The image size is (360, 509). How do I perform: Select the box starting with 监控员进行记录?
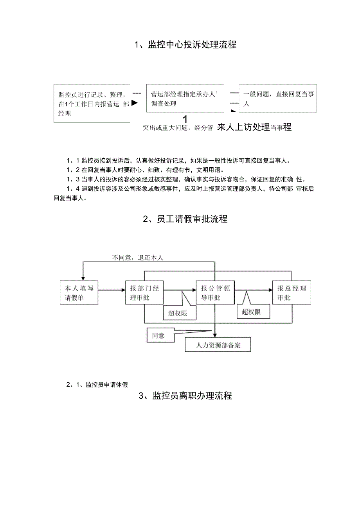pos(92,104)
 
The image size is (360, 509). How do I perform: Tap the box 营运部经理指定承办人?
pos(185,98)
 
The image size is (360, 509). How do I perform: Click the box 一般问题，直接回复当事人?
pos(277,98)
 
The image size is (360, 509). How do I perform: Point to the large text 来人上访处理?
pos(243,127)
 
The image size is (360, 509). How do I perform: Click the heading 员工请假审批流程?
pos(185,219)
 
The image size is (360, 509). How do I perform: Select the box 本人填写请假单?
pos(79,292)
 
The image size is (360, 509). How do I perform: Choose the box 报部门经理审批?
pos(144,292)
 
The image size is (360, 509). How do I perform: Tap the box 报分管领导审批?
pos(215,292)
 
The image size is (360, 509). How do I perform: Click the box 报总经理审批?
pos(292,292)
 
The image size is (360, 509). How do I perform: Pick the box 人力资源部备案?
pos(218,345)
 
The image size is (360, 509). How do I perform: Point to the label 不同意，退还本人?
pos(137,257)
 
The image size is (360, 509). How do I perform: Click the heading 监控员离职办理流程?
pos(185,396)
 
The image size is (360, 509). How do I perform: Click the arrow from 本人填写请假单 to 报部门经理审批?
pos(112,290)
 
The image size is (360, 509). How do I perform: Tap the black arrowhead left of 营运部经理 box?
pos(135,103)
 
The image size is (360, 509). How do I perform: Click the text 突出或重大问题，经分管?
pos(178,128)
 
